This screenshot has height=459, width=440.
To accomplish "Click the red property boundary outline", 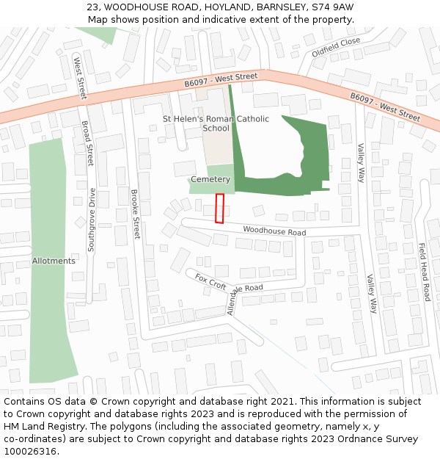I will click(219, 209).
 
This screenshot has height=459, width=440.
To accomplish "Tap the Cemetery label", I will click(210, 179).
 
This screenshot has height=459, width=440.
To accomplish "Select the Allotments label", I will click(54, 261).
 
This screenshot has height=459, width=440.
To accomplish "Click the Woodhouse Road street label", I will click(274, 231).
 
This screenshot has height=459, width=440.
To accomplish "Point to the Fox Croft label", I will click(210, 281).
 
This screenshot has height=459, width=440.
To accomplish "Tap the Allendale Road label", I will click(244, 296).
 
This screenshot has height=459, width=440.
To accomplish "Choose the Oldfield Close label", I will click(336, 47).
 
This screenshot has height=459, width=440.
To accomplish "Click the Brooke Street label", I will click(135, 214).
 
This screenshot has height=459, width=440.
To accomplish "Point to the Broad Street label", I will click(88, 143).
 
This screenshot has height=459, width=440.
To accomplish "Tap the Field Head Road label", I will click(425, 272).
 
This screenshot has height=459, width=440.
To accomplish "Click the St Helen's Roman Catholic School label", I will click(216, 123).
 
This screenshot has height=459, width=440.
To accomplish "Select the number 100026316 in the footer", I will click(29, 452).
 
